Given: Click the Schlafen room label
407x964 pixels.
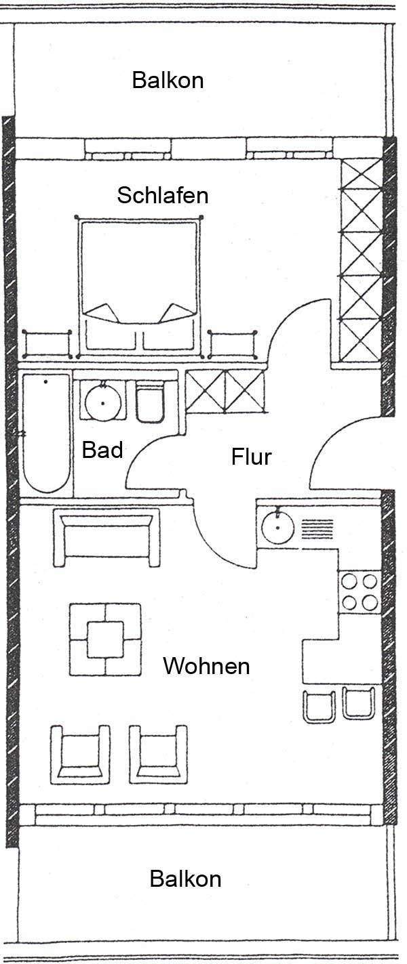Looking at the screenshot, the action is [163, 196].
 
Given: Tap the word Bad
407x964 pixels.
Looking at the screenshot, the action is [102, 450].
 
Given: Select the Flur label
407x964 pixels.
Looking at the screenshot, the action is [252, 457].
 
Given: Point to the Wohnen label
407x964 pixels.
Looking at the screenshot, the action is [206, 666].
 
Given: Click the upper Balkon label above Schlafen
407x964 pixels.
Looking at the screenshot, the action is [168, 81].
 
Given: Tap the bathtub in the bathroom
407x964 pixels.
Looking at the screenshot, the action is [46, 433].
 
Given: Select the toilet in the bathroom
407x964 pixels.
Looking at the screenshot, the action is [150, 401].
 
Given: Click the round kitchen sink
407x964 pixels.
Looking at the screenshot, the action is [277, 527].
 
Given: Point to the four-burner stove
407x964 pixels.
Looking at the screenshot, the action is [360, 591].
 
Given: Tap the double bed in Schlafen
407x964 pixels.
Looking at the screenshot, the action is [139, 287].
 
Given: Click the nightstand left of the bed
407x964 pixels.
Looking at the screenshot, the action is [47, 344].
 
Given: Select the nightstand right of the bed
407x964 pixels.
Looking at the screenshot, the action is [233, 344].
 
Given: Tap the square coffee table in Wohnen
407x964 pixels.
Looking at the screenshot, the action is [105, 639].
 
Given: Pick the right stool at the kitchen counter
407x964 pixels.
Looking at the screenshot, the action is [359, 703].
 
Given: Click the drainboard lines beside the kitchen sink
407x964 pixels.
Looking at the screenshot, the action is [317, 529].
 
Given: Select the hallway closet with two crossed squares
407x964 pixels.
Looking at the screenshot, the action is [225, 392].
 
